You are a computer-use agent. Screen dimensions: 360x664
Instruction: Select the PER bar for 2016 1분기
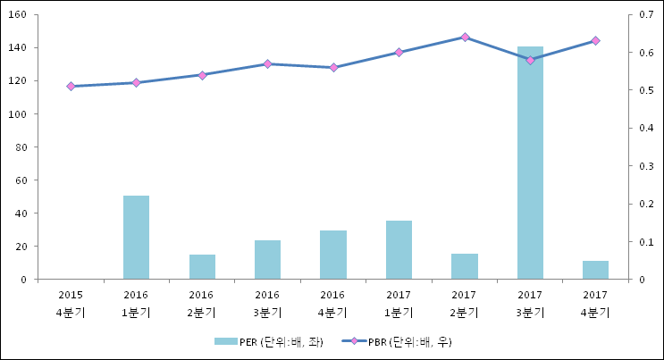click(x=136, y=237)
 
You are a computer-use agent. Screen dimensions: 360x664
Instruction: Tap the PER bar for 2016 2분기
click(x=202, y=266)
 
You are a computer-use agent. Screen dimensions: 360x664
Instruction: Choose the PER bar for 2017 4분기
click(x=595, y=270)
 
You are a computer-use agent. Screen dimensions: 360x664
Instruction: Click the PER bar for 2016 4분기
click(x=333, y=255)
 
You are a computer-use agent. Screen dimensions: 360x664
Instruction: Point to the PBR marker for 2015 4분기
click(x=71, y=87)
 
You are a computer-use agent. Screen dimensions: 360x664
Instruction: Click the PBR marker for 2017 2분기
click(x=465, y=38)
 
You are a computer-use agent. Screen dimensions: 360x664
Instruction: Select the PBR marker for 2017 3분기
click(x=530, y=60)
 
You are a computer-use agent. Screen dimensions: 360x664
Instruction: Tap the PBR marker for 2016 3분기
click(x=267, y=64)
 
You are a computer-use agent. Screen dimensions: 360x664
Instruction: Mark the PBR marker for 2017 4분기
click(x=595, y=41)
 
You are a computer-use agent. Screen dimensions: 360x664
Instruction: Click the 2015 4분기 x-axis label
click(x=71, y=304)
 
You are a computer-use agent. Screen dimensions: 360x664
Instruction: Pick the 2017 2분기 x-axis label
click(x=465, y=304)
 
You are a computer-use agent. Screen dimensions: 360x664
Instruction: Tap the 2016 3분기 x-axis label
click(x=267, y=304)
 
